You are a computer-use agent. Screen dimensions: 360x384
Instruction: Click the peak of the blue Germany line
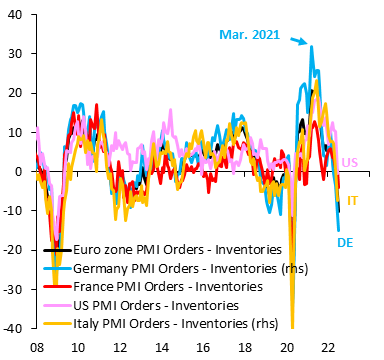pyautogui.click(x=311, y=47)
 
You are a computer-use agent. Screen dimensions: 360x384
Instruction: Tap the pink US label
pyautogui.click(x=350, y=162)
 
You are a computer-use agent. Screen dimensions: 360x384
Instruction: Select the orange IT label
pyautogui.click(x=353, y=201)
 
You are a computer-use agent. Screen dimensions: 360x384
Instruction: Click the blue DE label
pyautogui.click(x=342, y=242)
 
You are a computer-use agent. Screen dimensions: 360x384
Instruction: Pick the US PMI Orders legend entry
pyautogui.click(x=161, y=304)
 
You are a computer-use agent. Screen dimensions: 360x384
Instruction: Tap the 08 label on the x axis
pyautogui.click(x=38, y=346)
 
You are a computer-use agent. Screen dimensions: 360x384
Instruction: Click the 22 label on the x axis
pyautogui.click(x=328, y=346)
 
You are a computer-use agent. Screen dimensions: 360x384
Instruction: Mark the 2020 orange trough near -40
pyautogui.click(x=293, y=325)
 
